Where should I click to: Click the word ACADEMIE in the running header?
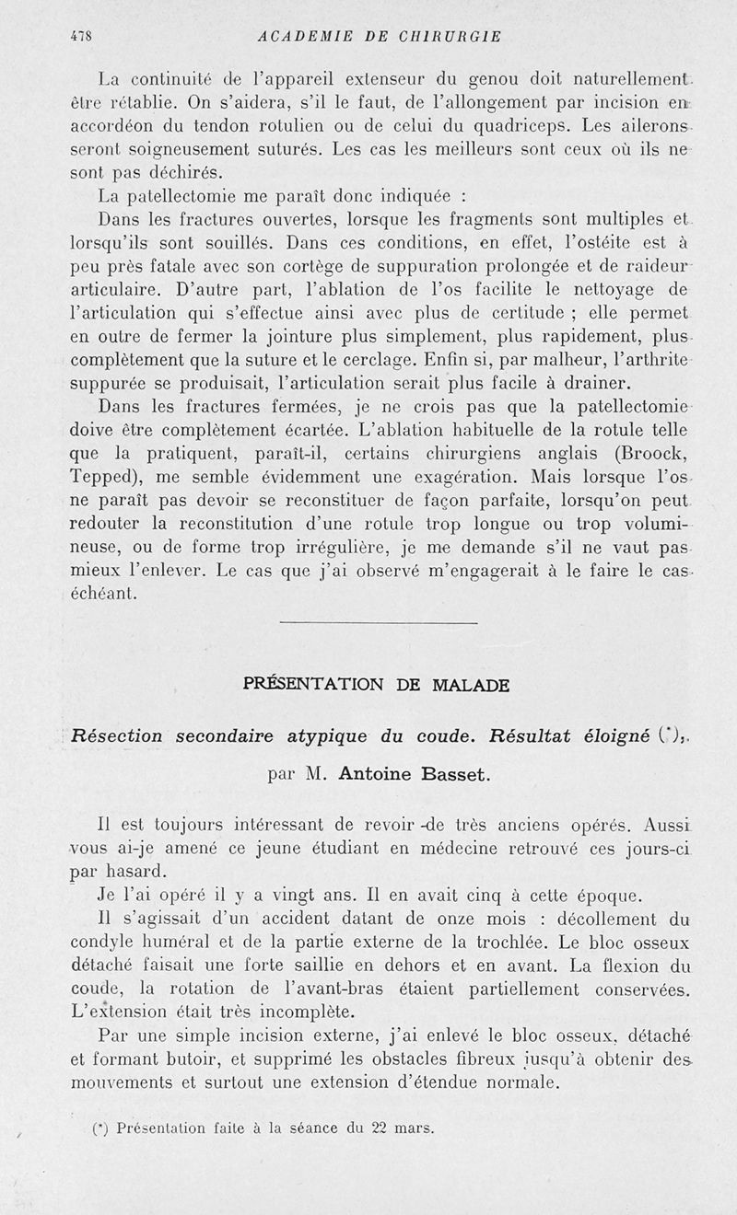click(305, 37)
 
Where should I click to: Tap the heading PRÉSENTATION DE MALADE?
click(376, 684)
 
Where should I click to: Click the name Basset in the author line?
click(455, 774)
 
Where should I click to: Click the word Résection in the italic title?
click(117, 735)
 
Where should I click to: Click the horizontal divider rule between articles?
click(378, 624)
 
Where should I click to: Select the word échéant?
click(103, 594)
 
